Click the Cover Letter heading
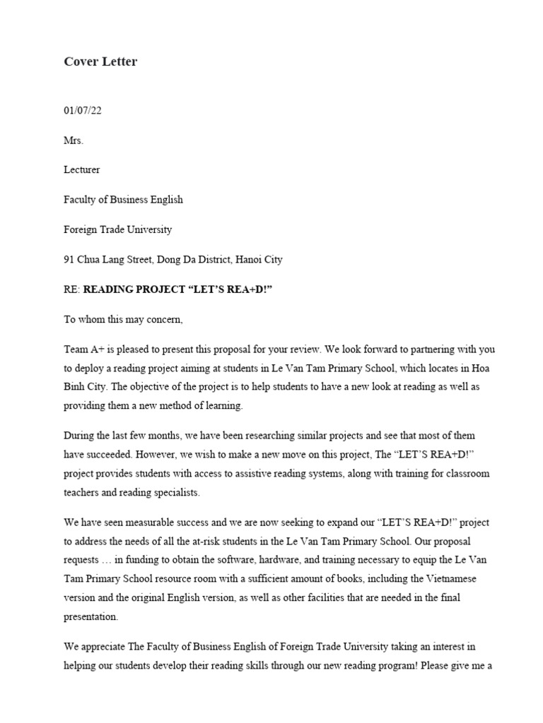click(100, 61)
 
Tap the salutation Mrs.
click(74, 141)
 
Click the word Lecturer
click(82, 170)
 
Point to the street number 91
click(69, 259)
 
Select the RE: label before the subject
click(72, 289)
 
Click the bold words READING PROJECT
click(134, 289)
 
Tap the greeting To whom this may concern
click(123, 319)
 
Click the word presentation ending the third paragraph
click(92, 616)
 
